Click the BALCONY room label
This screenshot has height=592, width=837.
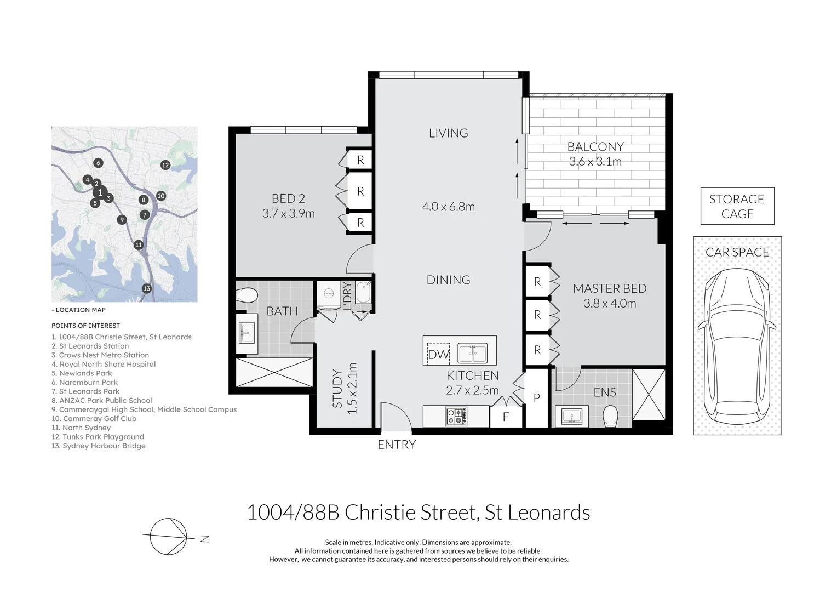595,146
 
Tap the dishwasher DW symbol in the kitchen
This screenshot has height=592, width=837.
438,354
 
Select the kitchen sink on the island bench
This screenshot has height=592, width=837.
473,353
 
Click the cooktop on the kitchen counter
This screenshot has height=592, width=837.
456,416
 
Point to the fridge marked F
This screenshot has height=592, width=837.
506,417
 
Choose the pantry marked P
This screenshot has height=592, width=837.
537,398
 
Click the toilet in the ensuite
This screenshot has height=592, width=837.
610,416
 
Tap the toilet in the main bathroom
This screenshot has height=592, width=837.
247,295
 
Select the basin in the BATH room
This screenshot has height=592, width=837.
246,333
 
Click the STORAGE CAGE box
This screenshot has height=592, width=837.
737,206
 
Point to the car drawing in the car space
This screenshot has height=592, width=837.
737,346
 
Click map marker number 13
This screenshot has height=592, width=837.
147,288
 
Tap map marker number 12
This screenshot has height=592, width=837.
165,164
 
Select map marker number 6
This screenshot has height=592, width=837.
98,163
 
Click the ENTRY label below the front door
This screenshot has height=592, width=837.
397,445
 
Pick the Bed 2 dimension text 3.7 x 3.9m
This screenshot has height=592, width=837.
289,213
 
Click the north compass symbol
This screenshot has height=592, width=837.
168,537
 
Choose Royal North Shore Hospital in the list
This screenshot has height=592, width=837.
104,365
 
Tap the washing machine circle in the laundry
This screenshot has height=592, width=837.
329,294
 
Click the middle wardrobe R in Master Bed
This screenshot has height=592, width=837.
537,315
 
